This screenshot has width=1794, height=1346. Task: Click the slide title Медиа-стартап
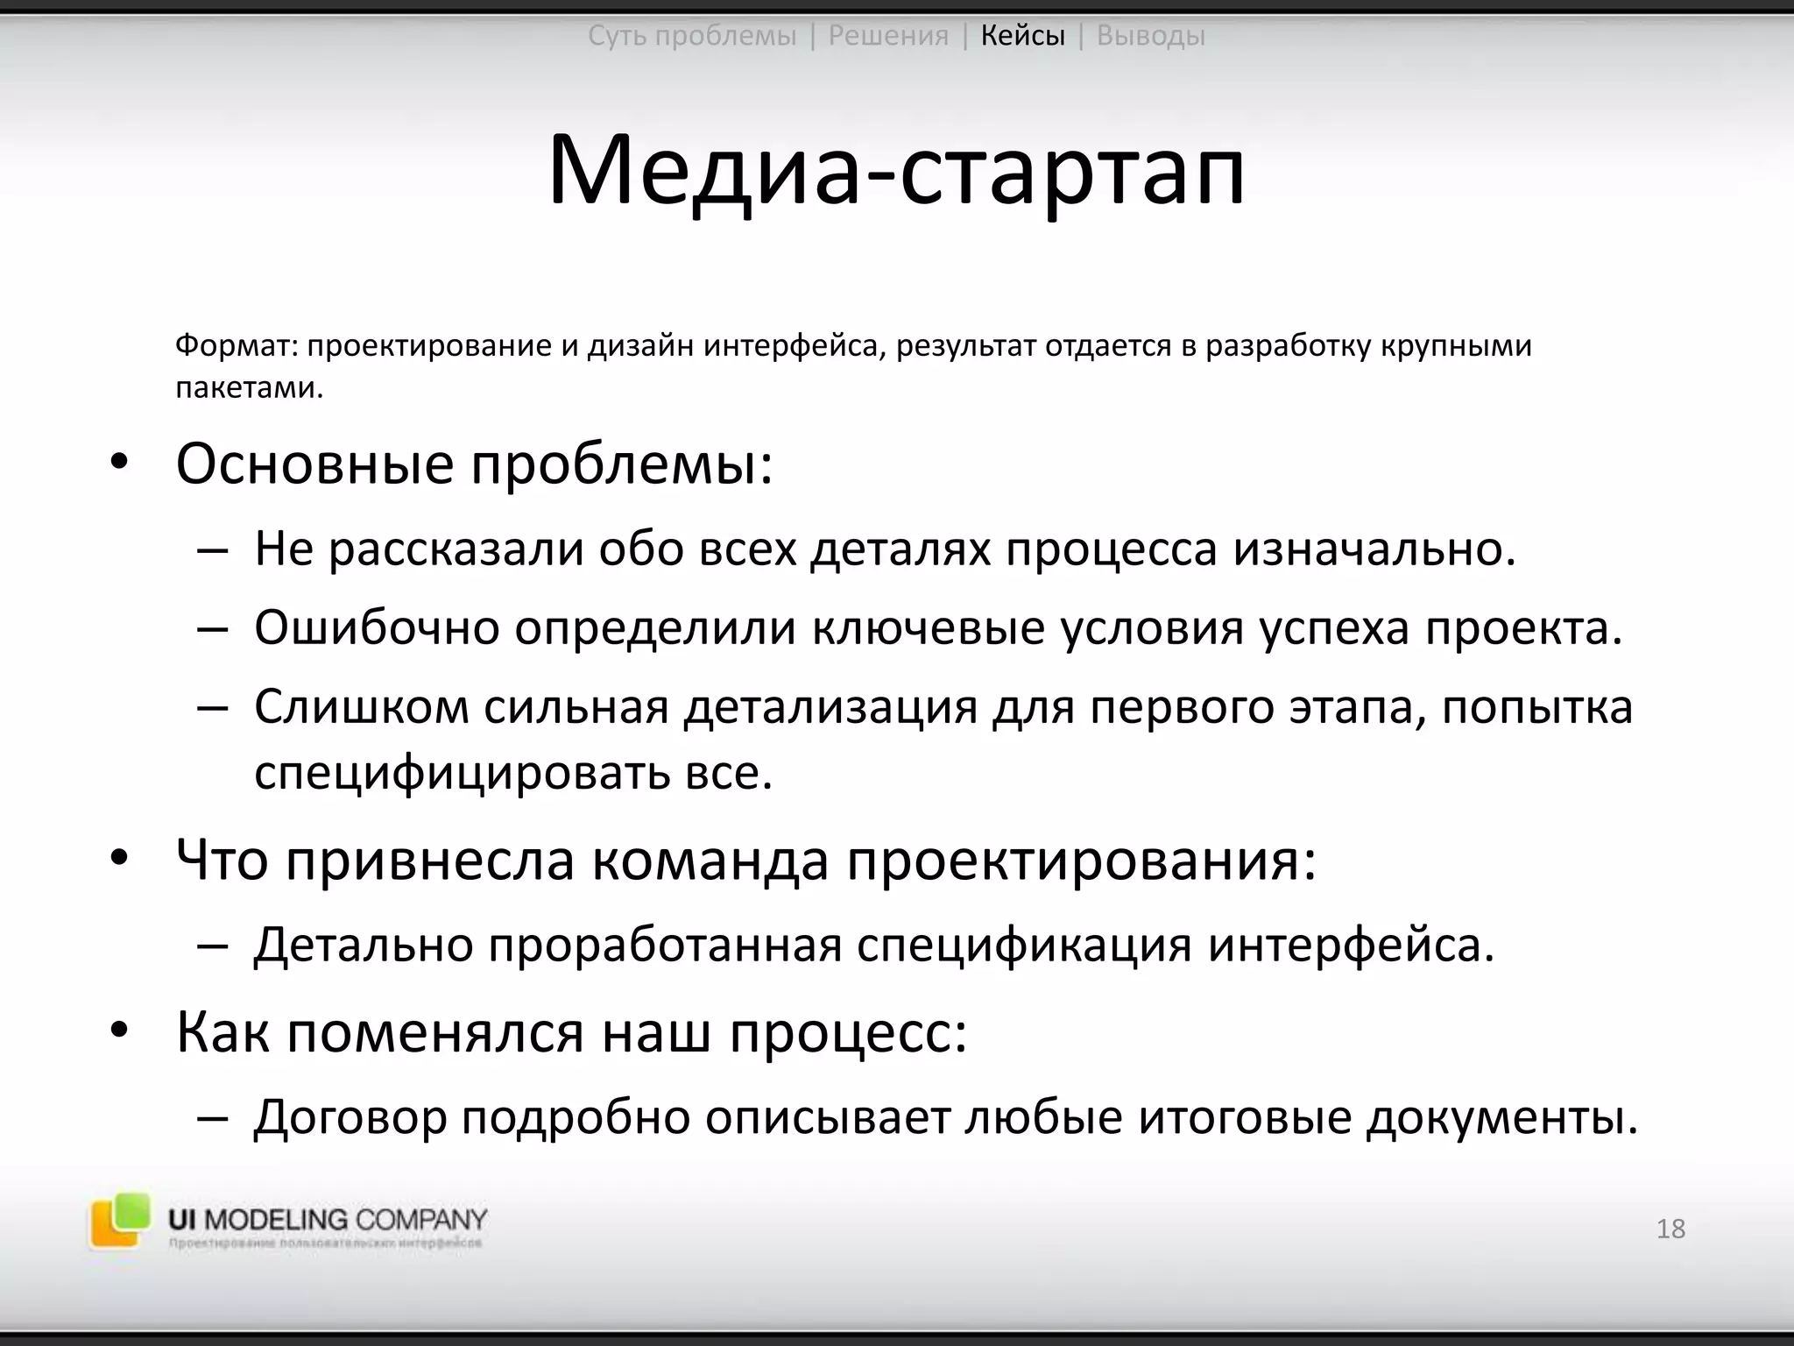896,170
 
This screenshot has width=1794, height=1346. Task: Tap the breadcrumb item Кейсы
1022,36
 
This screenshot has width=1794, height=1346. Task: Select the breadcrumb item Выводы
1150,36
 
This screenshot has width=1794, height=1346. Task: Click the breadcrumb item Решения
888,36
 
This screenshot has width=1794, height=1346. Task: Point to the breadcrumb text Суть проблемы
692,36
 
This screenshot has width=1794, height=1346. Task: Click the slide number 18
1670,1229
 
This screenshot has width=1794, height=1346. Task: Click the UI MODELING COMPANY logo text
328,1219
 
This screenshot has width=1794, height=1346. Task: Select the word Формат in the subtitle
232,345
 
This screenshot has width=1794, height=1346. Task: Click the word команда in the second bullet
710,860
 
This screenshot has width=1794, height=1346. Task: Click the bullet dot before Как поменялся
119,1032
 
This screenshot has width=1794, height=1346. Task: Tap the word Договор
350,1116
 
